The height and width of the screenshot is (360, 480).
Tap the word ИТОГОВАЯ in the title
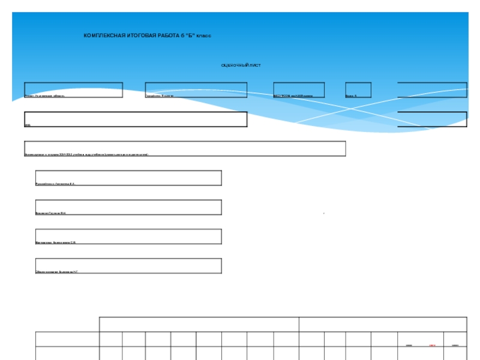pos(142,36)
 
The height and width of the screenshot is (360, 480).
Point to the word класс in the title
pos(204,36)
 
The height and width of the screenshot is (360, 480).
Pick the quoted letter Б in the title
pos(192,36)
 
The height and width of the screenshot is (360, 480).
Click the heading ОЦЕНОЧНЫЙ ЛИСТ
pos(241,65)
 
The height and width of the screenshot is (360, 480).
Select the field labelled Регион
pos(73,90)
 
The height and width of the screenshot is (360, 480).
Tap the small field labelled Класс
pos(358,90)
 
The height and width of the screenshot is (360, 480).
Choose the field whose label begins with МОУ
pos(299,90)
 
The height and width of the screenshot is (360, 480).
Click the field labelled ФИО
pos(136,119)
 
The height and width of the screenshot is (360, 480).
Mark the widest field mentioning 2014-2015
pos(185,149)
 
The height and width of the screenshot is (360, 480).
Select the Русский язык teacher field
pos(128,178)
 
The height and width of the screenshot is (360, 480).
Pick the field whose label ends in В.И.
pos(128,208)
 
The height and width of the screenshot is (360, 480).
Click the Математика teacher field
pos(128,236)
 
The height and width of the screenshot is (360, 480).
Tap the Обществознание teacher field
pos(128,266)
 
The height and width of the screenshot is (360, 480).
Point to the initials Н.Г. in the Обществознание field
pos(76,272)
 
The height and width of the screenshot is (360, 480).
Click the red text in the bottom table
pos(432,346)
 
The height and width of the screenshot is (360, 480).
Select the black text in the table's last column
pos(455,346)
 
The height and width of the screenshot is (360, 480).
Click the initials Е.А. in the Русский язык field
pos(73,184)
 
